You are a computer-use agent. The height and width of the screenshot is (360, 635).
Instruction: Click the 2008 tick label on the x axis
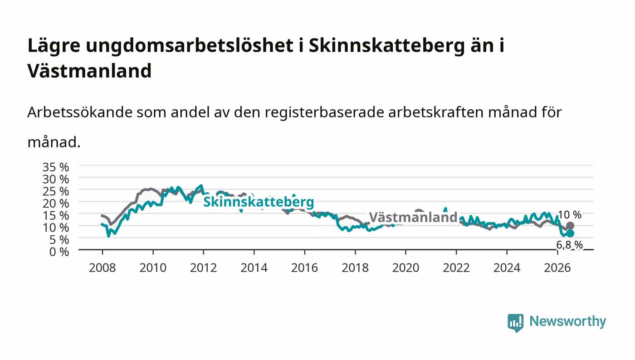point(103,268)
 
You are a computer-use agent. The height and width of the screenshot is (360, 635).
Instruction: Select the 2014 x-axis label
point(254,268)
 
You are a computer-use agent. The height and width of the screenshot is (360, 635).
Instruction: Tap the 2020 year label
point(405,268)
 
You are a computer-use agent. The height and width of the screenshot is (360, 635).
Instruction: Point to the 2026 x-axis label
point(557,268)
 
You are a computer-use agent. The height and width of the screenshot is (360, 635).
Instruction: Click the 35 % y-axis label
point(55,167)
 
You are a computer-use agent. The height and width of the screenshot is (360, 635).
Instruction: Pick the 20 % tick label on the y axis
point(55,204)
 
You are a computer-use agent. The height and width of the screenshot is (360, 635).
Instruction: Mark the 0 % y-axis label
point(59,252)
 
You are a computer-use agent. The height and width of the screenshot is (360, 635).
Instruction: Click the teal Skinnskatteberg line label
point(259,202)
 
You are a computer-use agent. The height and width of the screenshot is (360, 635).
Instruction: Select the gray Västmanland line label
point(413,218)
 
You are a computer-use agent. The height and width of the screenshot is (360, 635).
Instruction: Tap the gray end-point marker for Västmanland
point(570,226)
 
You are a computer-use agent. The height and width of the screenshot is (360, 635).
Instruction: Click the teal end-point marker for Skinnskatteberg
point(570,234)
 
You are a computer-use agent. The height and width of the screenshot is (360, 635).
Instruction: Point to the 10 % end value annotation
point(570,214)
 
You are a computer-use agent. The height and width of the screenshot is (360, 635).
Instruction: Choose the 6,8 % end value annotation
point(570,245)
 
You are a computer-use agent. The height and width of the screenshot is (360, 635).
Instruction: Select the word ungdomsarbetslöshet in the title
point(190,46)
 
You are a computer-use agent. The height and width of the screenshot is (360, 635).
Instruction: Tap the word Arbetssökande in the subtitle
point(80,112)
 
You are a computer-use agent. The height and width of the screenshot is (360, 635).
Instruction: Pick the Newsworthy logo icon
point(515,322)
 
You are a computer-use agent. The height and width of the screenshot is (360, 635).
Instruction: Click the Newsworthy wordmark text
point(568,321)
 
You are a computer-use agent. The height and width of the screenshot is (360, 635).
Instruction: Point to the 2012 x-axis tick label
point(204,268)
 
